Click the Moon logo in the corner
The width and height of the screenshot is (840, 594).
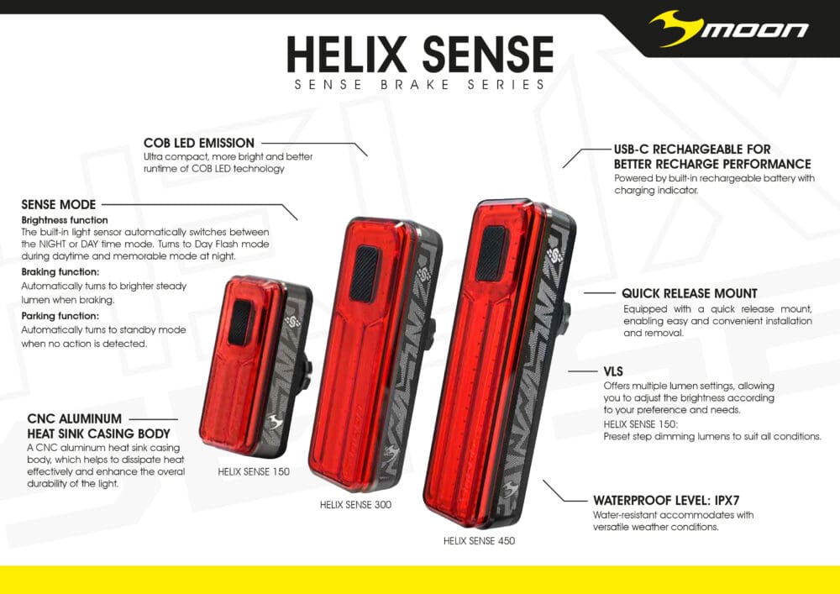coord(729,29)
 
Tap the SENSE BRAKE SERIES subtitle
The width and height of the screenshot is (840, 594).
coord(420,85)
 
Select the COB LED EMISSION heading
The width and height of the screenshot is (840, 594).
coord(199,144)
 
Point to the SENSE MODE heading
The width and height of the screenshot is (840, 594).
coord(59,204)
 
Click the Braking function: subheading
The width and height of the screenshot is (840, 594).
coord(60,272)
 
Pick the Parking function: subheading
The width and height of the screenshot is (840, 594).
coord(60,316)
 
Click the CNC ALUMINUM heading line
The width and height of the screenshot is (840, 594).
coord(75,418)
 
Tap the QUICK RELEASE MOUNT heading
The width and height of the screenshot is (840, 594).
coord(690,294)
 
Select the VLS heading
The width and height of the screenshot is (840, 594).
coord(615,371)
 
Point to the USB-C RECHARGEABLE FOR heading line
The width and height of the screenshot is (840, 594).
coord(692,150)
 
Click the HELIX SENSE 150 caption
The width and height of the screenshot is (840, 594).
coord(254,472)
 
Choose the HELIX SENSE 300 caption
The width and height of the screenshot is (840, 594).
coord(355,505)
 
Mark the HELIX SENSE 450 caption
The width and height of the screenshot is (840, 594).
coord(479,541)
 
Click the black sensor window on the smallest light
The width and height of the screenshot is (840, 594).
coord(240,323)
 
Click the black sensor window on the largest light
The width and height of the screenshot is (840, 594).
coord(491,253)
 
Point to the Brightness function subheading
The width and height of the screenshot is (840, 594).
coord(65,220)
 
